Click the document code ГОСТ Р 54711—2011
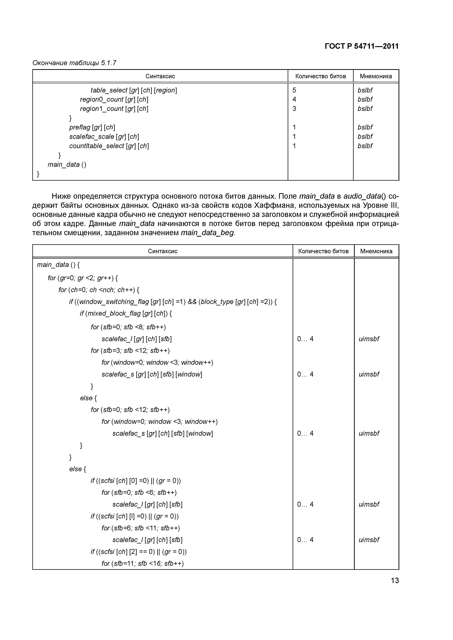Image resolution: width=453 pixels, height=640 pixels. click(x=361, y=46)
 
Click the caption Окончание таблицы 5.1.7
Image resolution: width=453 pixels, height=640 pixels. click(x=74, y=63)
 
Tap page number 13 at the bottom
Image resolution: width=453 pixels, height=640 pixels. click(x=395, y=581)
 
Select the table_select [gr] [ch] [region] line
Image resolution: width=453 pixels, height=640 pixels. click(x=134, y=90)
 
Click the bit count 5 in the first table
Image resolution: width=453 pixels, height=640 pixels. click(x=294, y=90)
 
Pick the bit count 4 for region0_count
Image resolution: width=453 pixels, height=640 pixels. click(x=294, y=99)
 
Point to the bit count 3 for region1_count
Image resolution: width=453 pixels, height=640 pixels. click(x=294, y=109)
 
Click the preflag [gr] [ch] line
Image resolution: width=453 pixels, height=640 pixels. click(x=92, y=127)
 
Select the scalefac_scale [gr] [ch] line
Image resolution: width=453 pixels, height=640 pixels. click(x=104, y=137)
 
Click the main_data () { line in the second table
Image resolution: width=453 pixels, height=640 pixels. click(x=58, y=265)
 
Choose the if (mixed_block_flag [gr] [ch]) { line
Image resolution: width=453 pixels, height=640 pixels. click(x=126, y=314)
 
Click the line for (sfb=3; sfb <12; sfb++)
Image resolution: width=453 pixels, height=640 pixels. click(x=130, y=351)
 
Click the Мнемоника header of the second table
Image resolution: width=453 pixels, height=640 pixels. click(x=376, y=251)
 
